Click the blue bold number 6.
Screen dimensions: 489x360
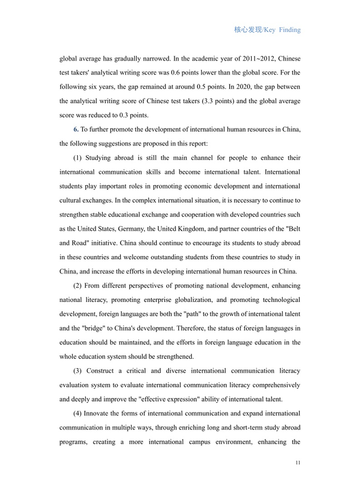[76, 129]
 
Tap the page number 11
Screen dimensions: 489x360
[298, 463]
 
